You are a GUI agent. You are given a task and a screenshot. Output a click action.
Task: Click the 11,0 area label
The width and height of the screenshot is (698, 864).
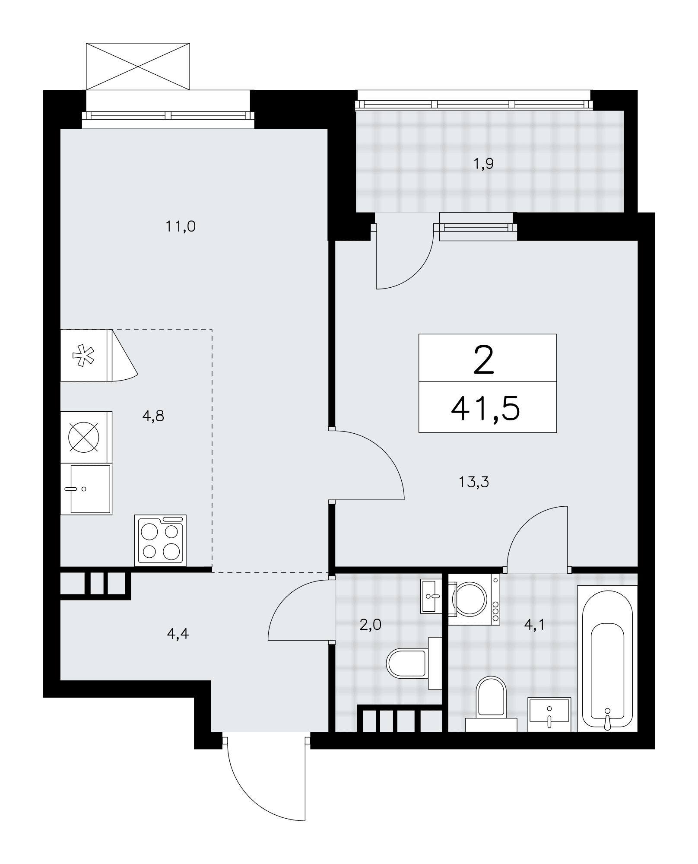[181, 226]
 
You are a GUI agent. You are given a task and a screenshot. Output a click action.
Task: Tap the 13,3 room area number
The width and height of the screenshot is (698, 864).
[474, 482]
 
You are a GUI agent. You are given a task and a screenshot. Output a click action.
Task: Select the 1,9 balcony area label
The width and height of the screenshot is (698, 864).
[483, 164]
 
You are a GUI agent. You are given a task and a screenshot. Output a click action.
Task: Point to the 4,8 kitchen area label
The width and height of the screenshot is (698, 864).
[153, 416]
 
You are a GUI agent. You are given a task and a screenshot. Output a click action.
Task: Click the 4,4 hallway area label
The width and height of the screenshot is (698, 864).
[178, 634]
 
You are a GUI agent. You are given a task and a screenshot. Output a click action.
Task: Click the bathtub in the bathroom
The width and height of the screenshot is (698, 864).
[607, 658]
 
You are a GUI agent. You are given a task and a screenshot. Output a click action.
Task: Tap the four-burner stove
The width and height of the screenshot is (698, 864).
[160, 540]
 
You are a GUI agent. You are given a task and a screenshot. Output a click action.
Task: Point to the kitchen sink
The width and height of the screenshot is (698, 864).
[86, 489]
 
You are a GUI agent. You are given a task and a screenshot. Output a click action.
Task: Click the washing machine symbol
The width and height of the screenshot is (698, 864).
[474, 599]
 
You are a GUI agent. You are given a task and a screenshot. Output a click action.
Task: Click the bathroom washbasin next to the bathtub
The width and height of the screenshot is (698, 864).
[549, 715]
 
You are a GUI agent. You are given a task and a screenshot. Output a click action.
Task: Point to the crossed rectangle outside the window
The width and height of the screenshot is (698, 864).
[138, 66]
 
